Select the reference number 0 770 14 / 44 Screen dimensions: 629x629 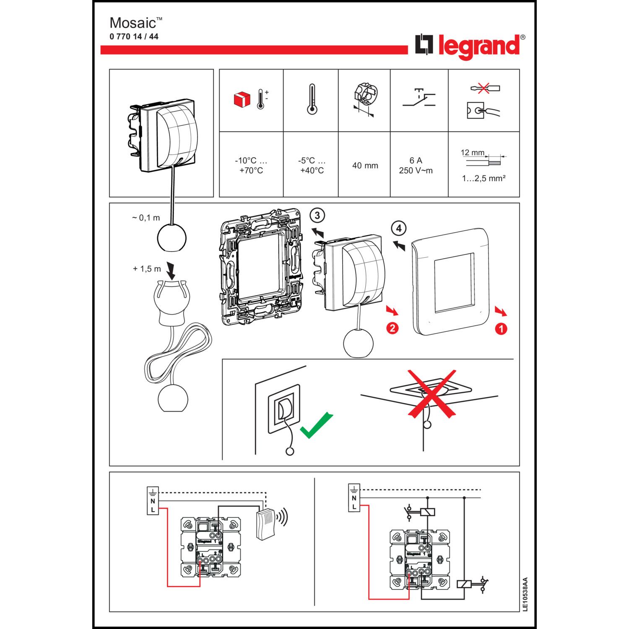pos(134,36)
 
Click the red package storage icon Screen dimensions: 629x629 pos(242,99)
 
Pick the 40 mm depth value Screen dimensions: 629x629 pos(365,166)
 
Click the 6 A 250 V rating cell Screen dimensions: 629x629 pos(416,166)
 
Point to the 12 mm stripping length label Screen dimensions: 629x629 pos(472,153)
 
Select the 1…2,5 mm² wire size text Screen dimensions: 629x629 pos(483,179)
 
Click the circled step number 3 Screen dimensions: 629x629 pos(317,216)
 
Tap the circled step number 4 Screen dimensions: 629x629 pos(399,229)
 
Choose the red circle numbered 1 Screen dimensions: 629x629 pos(501,329)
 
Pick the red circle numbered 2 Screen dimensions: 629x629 pos(392,328)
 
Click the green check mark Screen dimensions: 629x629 pos(316,425)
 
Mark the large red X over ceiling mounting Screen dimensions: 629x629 pos(432,393)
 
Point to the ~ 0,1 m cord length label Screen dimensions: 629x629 pos(146,218)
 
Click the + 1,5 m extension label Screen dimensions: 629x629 pos(147,269)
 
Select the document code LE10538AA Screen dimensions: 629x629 pos(525,594)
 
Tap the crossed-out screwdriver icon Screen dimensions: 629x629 pos(484,88)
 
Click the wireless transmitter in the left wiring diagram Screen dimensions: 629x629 pos(266,524)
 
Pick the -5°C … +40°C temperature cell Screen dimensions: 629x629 pos(311,166)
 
